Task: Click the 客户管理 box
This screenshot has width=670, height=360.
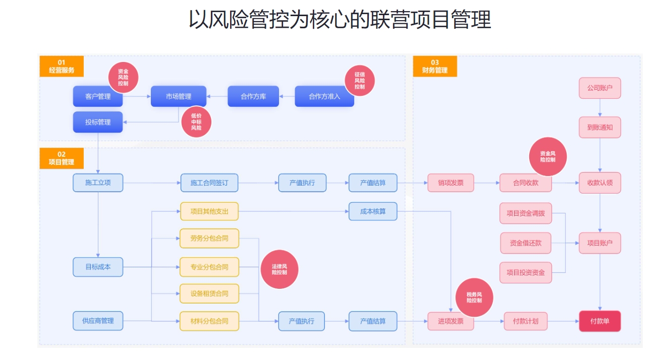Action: pos(98,96)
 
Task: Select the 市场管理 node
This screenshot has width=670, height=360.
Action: pos(179,96)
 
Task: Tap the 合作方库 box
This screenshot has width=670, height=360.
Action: pos(253,96)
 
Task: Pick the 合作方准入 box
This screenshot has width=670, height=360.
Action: pos(324,96)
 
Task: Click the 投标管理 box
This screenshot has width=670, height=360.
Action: pos(98,122)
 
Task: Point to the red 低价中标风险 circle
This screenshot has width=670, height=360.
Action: pos(196,122)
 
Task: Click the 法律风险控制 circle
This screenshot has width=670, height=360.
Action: pos(279,269)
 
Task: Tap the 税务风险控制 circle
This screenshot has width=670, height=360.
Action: pos(474,297)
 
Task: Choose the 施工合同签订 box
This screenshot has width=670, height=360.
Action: pos(209,183)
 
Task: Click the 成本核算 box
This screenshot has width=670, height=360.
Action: pos(373,211)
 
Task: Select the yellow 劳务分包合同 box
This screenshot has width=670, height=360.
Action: pos(209,238)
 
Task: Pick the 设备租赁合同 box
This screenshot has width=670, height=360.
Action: pos(209,293)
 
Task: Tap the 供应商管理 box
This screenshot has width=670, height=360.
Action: pos(98,321)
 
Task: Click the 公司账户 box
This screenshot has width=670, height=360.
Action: pos(599,88)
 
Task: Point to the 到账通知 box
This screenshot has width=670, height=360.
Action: pos(599,128)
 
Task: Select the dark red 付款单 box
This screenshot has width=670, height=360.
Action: pos(599,321)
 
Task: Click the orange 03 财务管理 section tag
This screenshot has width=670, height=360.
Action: pos(434,67)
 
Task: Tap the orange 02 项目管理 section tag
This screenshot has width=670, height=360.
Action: pos(61,158)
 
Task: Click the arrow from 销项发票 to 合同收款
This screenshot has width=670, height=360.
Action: pos(486,183)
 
